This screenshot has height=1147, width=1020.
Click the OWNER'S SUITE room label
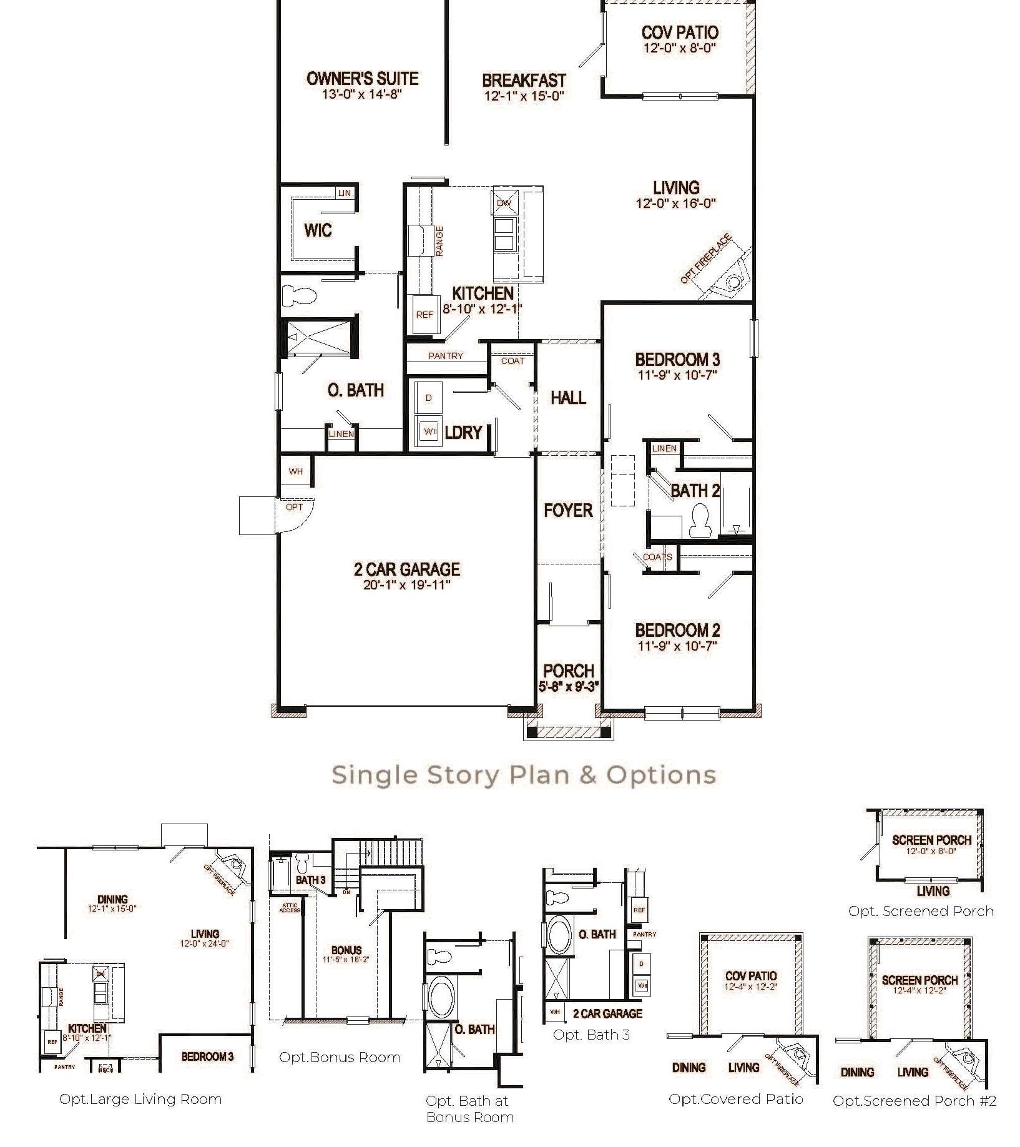(362, 79)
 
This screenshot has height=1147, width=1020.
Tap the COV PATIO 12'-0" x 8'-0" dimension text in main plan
(680, 48)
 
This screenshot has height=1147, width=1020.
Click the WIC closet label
(318, 230)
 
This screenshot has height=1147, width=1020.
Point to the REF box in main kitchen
(424, 315)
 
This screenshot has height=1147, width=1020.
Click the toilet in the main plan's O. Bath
(298, 296)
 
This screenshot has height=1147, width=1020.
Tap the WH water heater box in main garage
(296, 471)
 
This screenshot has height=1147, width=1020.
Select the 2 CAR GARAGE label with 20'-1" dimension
(406, 569)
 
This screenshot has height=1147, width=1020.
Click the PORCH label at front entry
(568, 671)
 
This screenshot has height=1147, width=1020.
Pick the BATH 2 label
(695, 491)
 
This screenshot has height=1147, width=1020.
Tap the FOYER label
(568, 511)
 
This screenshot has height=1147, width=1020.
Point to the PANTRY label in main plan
(446, 356)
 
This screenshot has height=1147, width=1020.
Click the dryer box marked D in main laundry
(428, 398)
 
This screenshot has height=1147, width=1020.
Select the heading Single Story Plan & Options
(523, 775)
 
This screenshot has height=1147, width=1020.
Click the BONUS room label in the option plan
(346, 950)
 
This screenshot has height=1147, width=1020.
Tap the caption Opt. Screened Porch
(921, 911)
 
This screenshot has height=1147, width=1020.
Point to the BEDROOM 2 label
(677, 631)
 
